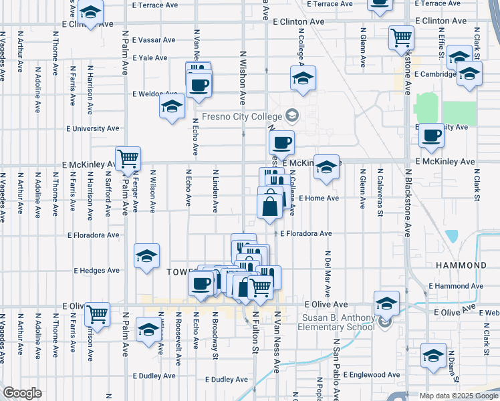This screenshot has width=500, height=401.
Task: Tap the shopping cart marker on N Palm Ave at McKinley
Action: pos(128,158)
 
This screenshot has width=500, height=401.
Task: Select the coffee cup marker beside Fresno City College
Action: pos(281,142)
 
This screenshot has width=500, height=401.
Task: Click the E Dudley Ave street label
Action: pos(227,379)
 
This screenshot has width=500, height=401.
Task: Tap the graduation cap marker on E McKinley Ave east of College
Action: pos(327,166)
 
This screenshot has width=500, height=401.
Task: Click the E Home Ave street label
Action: pos(319,198)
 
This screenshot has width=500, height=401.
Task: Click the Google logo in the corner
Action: pos(22,393)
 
